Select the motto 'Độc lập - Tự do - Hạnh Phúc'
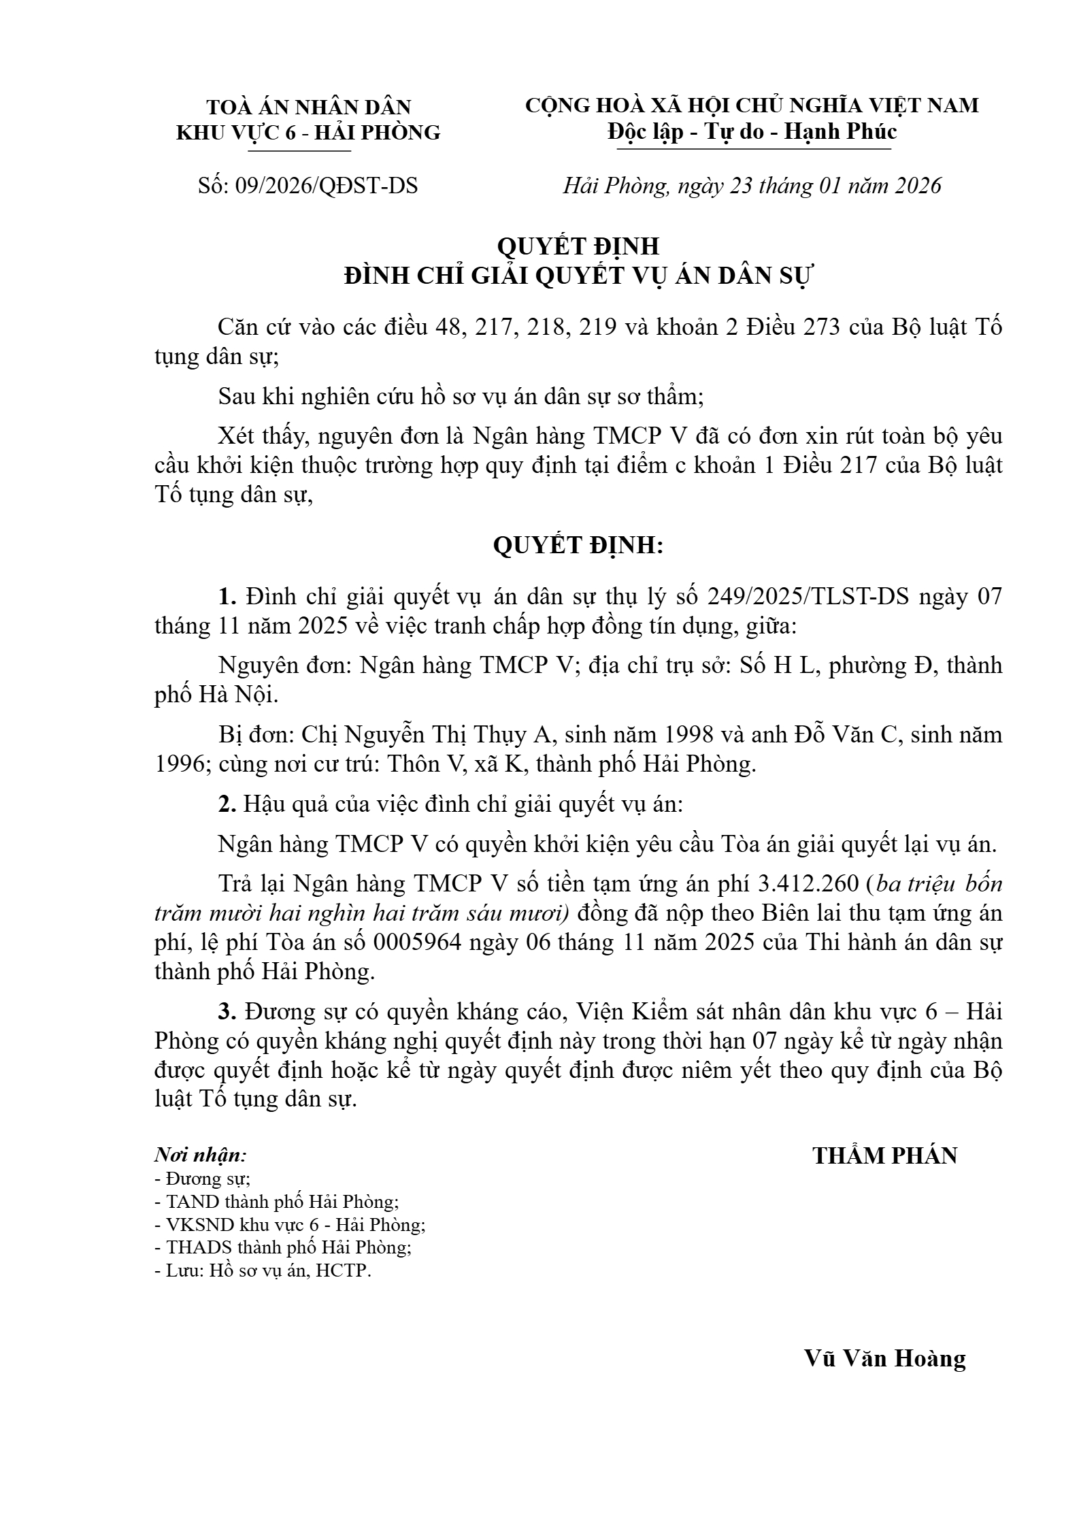[752, 131]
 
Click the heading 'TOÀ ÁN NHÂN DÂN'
[309, 107]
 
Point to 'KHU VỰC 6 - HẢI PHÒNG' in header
[309, 133]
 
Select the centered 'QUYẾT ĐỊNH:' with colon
[578, 545]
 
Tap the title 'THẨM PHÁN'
[884, 1155]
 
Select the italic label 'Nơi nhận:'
[201, 1155]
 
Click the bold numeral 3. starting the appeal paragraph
[227, 1011]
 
